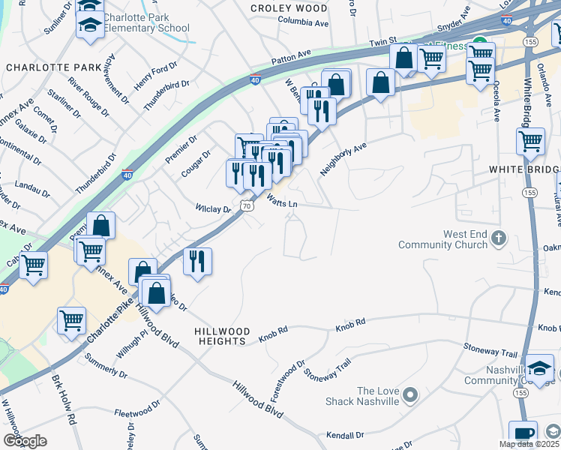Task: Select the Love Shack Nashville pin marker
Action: point(410,394)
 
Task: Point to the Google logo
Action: point(25,441)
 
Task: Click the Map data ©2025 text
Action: point(529,444)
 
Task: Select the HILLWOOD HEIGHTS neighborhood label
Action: point(221,336)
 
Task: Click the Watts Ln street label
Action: point(282,201)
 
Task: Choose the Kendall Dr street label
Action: point(345,435)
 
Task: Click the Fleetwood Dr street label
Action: point(137,412)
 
